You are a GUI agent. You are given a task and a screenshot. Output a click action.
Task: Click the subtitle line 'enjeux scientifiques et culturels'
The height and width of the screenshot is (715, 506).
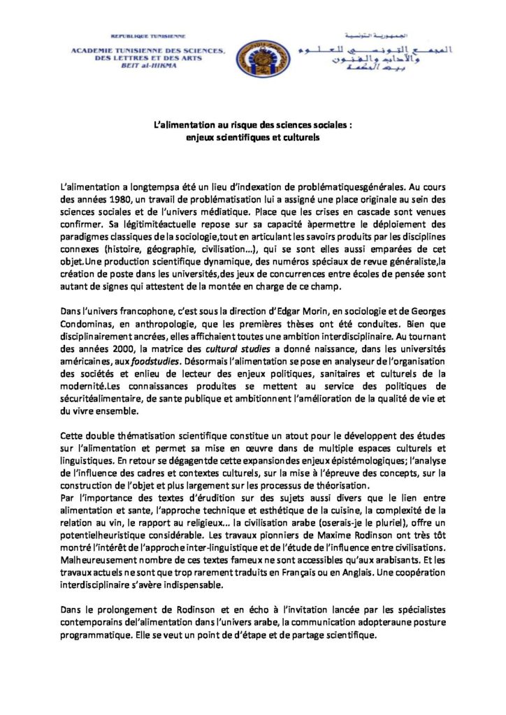coord(252,138)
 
